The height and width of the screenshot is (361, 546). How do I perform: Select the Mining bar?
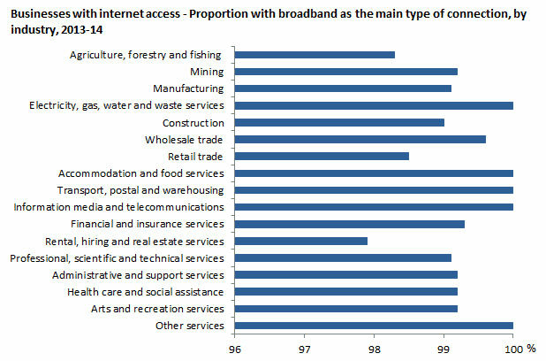point(345,72)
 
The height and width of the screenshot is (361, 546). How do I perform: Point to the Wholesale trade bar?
point(360,139)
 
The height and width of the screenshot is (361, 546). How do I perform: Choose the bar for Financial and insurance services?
point(349,224)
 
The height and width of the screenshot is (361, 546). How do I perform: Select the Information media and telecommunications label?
point(120,207)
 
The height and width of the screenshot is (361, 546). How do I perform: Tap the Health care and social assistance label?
point(145,291)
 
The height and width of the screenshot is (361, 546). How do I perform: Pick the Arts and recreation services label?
point(157,309)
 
